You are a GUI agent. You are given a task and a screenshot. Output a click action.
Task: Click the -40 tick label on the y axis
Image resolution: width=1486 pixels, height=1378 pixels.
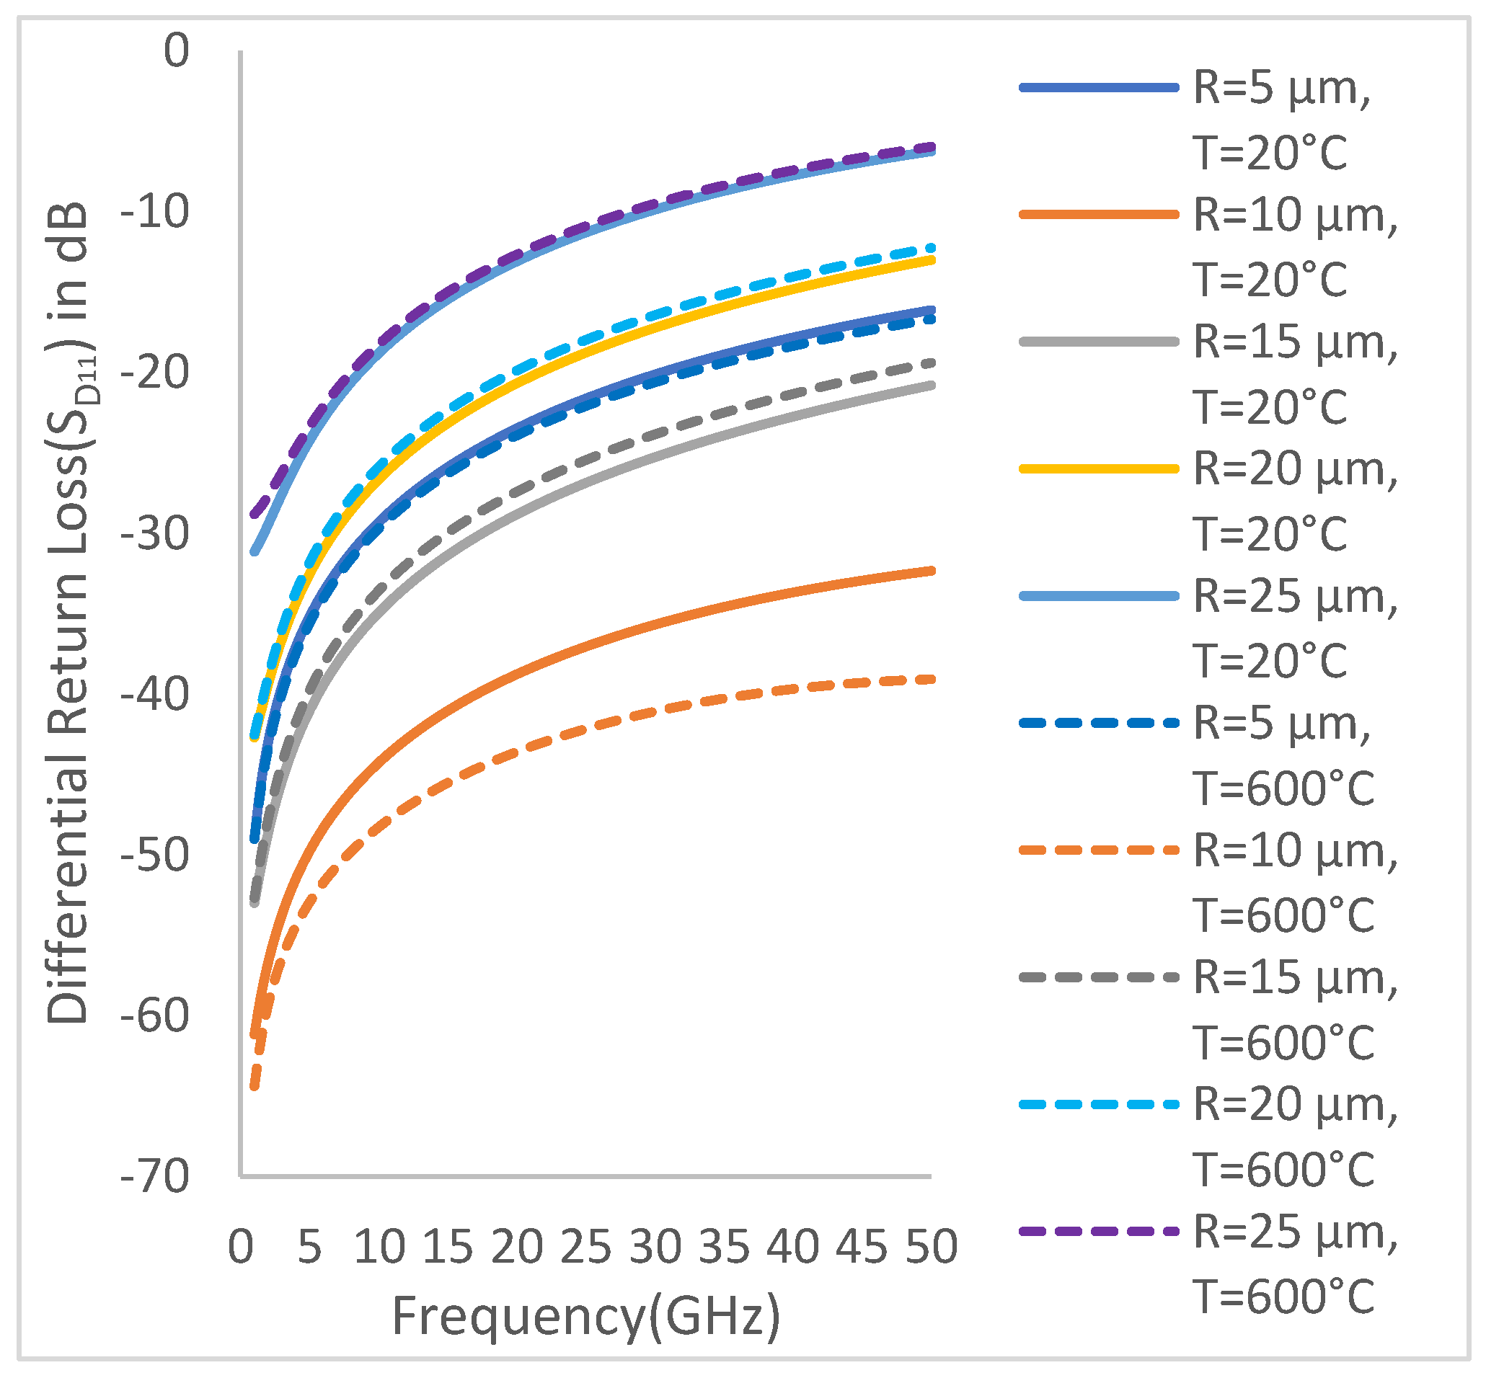click(x=155, y=695)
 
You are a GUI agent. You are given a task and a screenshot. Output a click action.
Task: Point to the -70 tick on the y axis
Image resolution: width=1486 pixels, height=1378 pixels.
click(x=155, y=1178)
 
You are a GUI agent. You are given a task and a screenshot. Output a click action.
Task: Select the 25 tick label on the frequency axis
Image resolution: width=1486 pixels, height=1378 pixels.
click(x=585, y=1246)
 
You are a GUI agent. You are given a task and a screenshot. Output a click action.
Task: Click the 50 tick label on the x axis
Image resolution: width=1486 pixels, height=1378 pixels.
click(x=931, y=1246)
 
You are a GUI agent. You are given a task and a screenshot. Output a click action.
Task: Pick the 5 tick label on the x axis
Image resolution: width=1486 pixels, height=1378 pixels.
click(x=309, y=1246)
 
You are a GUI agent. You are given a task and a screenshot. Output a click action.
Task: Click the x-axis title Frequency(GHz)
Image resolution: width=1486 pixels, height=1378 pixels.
click(x=585, y=1316)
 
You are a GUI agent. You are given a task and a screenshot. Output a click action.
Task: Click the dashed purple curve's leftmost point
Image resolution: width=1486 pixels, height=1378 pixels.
click(x=254, y=515)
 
